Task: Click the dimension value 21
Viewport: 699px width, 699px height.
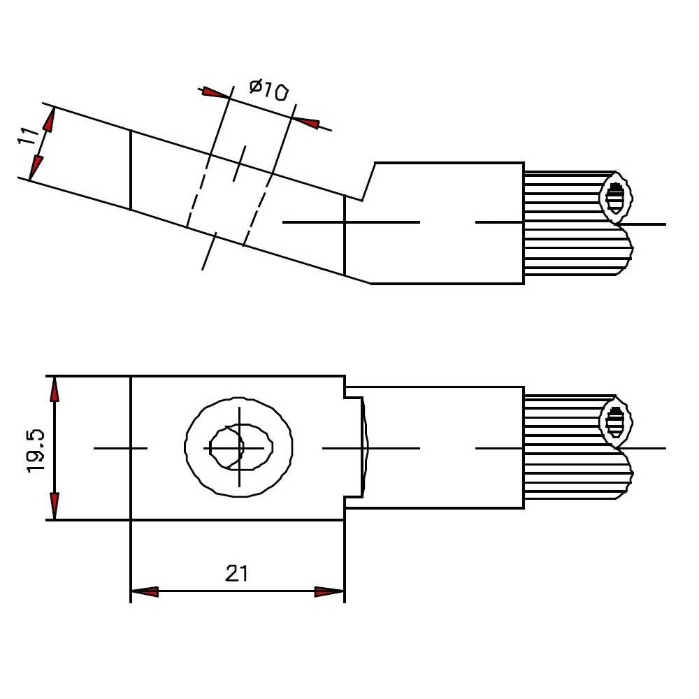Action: (236, 573)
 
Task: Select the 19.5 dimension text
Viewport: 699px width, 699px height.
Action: (36, 451)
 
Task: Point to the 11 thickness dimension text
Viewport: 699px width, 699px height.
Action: (28, 136)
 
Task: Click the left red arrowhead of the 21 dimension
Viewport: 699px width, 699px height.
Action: (145, 591)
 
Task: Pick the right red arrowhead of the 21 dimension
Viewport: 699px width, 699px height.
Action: (329, 591)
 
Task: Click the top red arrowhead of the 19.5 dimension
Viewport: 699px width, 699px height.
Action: (55, 391)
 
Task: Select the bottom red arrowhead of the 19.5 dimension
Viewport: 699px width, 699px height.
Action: (55, 506)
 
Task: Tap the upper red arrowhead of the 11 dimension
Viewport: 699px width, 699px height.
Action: (50, 120)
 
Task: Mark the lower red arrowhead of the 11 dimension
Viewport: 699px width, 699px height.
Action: (36, 168)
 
